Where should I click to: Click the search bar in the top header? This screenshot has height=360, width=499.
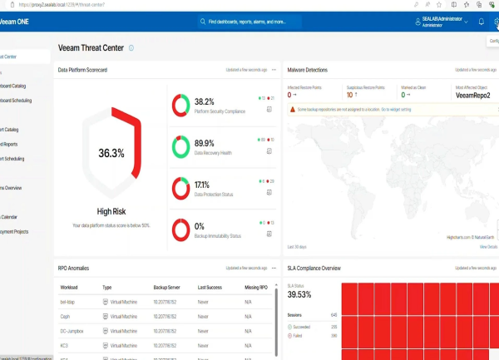click(299, 22)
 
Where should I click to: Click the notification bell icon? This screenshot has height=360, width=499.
click(481, 22)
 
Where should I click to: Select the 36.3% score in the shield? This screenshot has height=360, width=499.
click(111, 153)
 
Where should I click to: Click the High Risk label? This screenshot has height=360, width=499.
click(111, 211)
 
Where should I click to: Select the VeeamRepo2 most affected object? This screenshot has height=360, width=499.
click(476, 95)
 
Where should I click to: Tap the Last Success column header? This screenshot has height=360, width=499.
click(210, 287)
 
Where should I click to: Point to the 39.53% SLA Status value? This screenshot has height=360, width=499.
click(300, 294)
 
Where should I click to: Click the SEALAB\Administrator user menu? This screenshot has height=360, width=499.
click(441, 22)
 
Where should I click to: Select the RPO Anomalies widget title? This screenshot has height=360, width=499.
click(73, 269)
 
